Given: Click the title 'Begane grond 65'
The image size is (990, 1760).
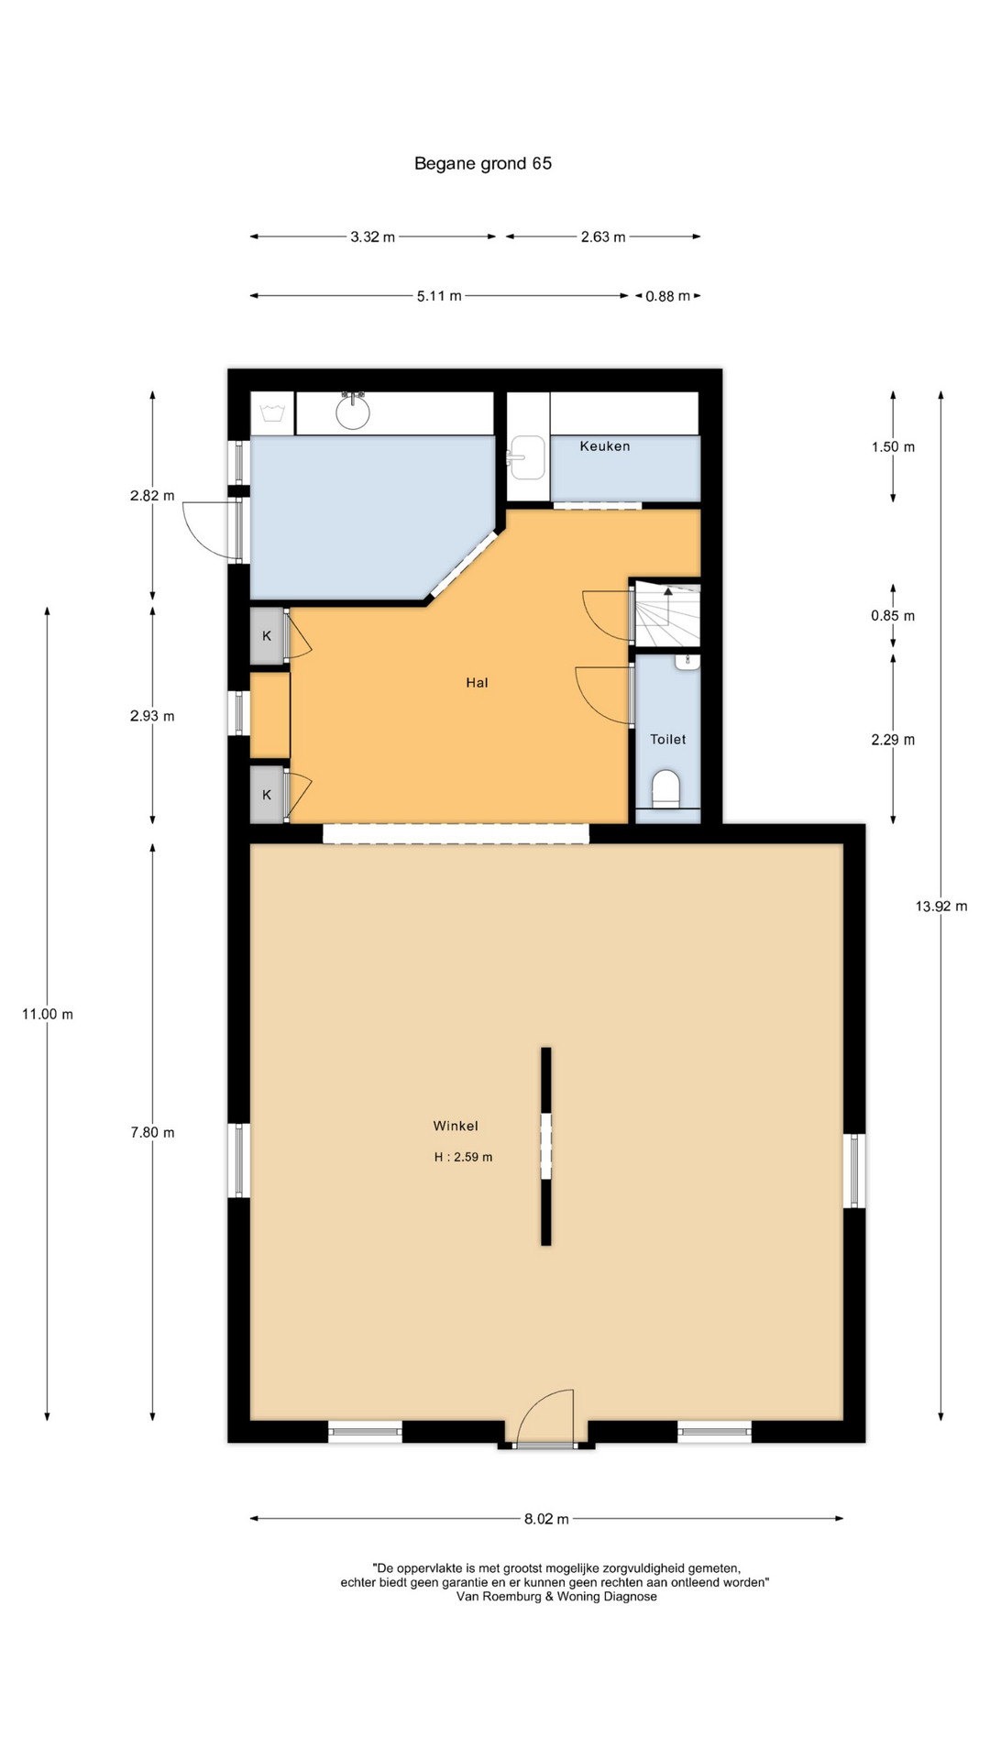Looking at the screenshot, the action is click(x=483, y=163).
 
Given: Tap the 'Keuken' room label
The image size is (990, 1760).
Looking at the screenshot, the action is click(x=605, y=446).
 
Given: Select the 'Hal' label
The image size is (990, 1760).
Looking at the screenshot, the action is click(x=477, y=683).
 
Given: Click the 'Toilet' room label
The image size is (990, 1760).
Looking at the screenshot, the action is click(x=668, y=740).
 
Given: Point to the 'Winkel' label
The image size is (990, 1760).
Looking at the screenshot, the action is click(x=456, y=1126).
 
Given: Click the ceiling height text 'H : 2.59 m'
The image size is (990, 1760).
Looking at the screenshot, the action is click(x=463, y=1157).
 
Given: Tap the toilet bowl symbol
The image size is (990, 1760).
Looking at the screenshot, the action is click(x=666, y=789).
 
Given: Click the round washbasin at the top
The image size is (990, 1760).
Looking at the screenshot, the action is click(x=353, y=411).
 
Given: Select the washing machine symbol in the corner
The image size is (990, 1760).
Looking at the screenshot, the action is click(x=272, y=413).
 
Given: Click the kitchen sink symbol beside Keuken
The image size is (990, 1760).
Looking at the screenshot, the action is click(x=528, y=456).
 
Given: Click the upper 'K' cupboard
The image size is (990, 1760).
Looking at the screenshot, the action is click(x=268, y=635).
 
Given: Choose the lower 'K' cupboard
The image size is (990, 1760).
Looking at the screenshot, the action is click(x=268, y=795).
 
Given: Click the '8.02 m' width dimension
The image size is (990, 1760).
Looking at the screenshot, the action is click(x=546, y=1519).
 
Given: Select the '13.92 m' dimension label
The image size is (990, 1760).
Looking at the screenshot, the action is click(x=941, y=907).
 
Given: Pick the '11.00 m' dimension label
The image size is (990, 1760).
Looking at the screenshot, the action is click(x=48, y=1014).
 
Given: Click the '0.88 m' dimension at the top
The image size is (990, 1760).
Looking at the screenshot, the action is click(x=668, y=296).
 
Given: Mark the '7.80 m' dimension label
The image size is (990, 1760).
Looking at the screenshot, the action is click(x=152, y=1133).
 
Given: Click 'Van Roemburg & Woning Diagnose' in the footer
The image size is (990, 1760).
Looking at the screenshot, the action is click(x=556, y=1596).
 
